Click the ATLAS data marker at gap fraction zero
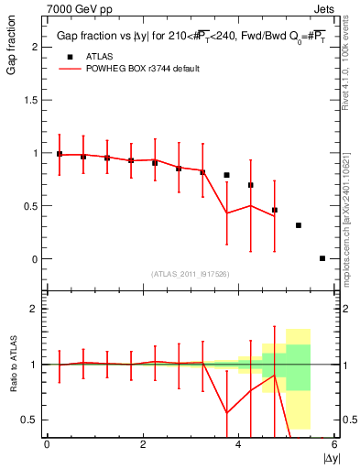coord(322,258)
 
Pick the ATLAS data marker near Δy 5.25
coord(299,225)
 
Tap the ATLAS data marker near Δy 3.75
coord(226,175)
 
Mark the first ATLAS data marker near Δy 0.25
coord(60,154)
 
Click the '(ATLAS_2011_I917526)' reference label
coord(190,273)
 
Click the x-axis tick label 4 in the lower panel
coord(239,444)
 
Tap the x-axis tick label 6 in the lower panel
coord(334,444)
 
